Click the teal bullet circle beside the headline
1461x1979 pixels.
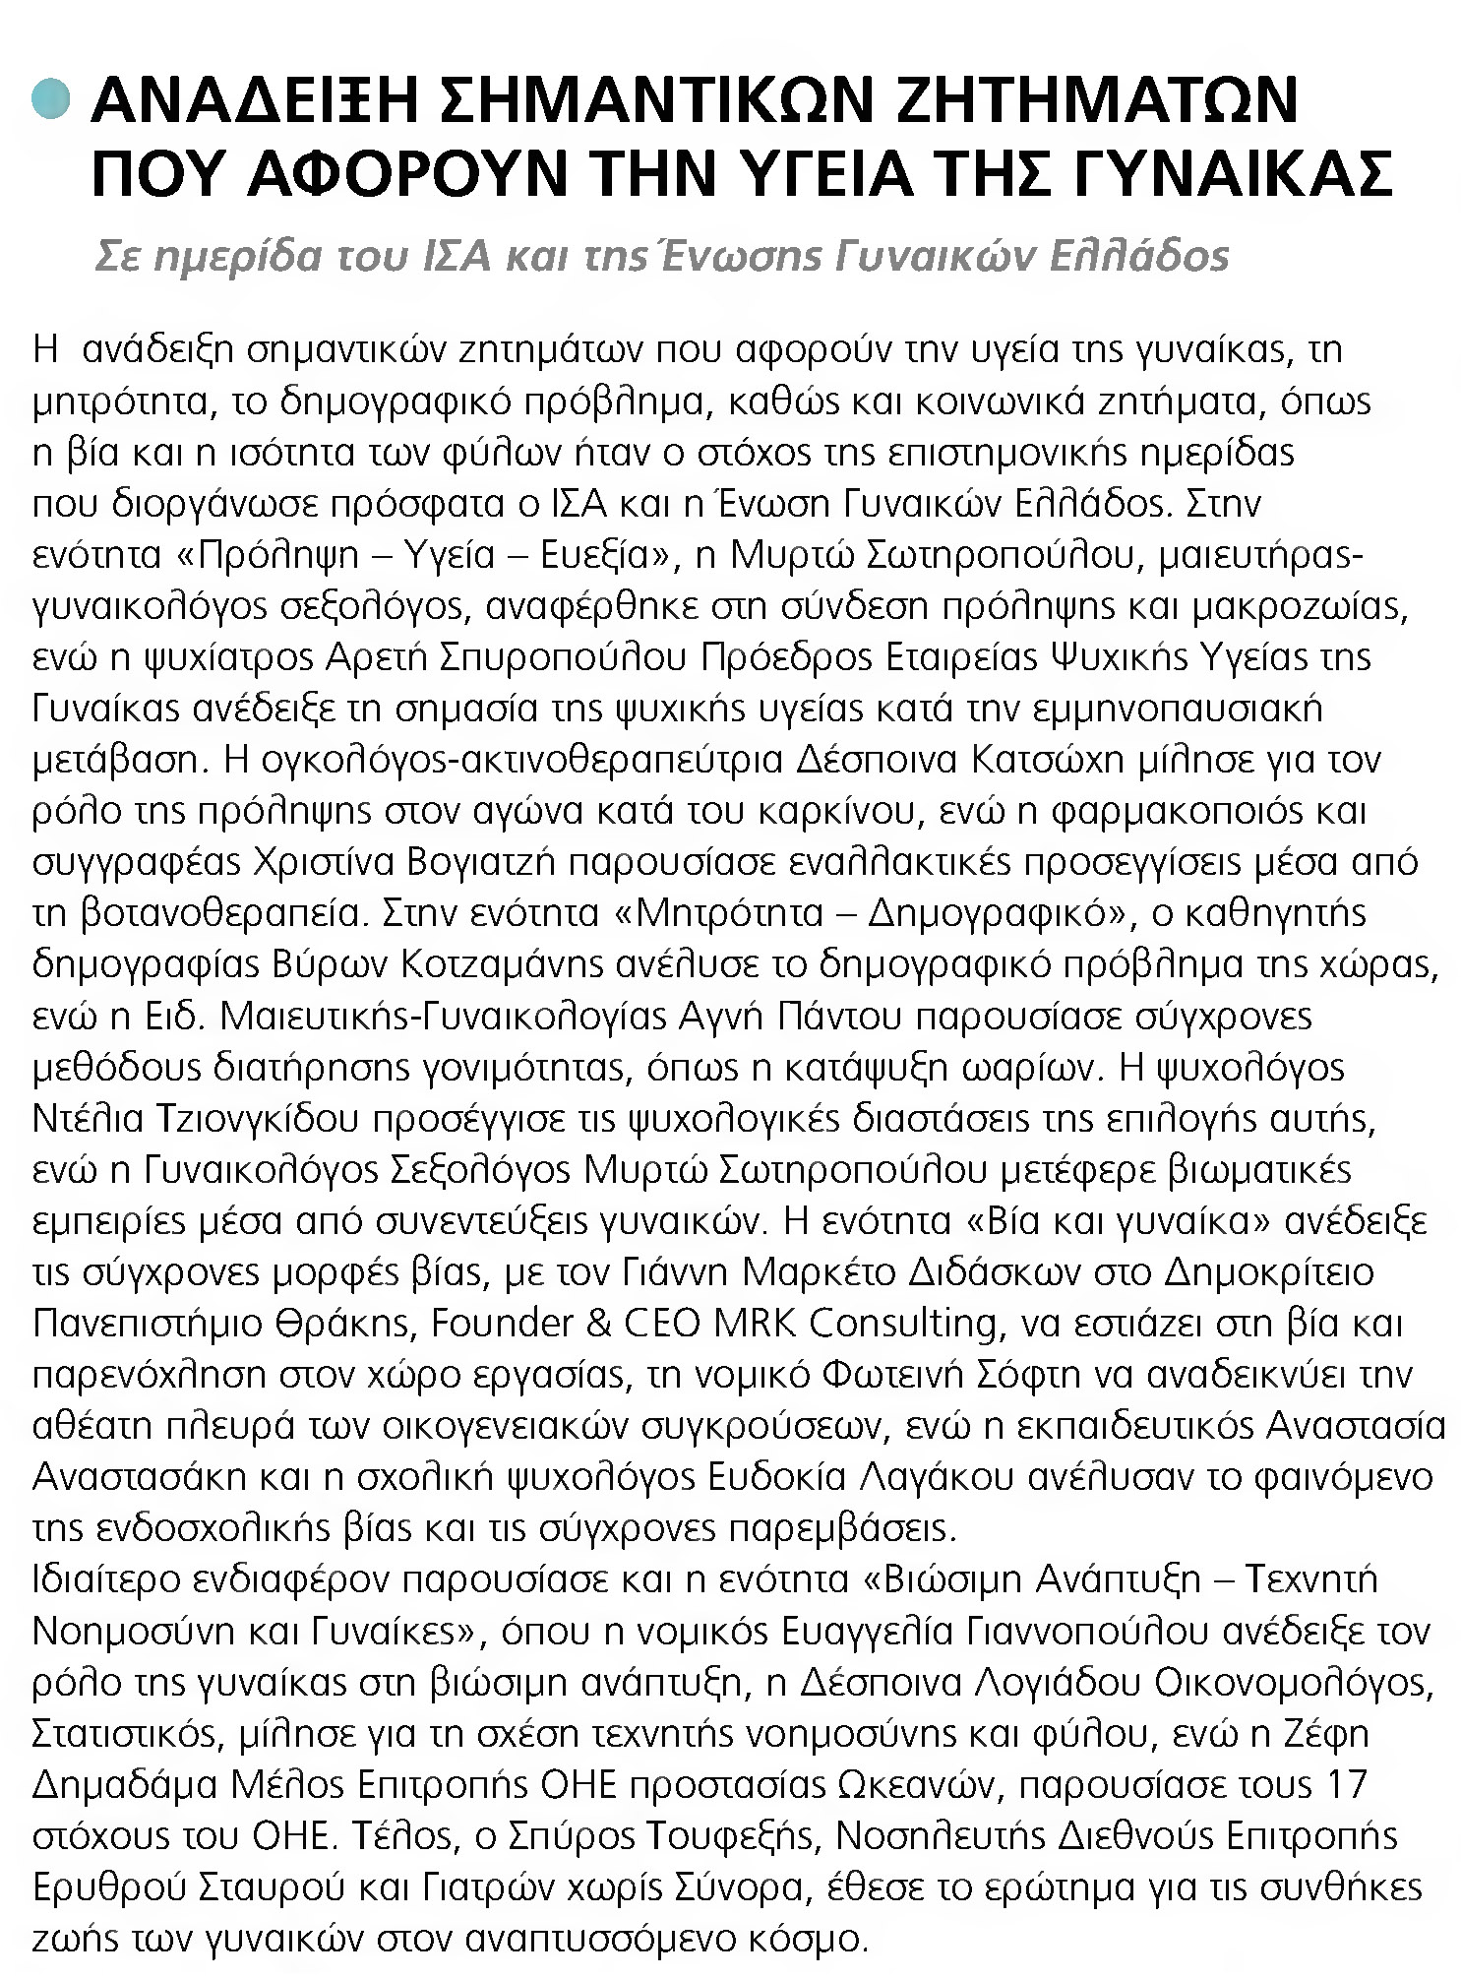click(50, 101)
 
